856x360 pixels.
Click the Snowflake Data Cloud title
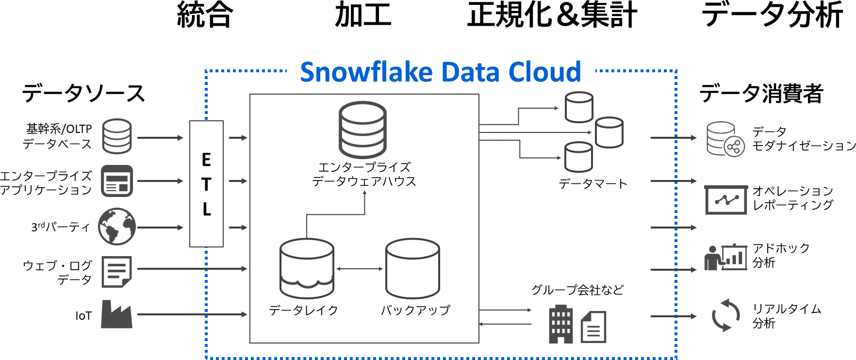coord(440,72)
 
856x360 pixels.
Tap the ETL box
coord(206,184)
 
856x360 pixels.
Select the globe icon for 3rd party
coord(117,227)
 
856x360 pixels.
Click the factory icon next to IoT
coord(116,314)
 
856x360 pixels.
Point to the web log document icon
coord(116,272)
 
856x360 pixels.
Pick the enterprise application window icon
coord(117,181)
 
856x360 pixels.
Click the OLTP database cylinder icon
coord(117,136)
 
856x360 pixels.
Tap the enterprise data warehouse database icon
coord(363,130)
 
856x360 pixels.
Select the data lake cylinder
coord(307,268)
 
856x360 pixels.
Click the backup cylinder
coord(412,268)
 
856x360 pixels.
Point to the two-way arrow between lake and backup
coord(360,269)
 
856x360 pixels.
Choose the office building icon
coord(560,325)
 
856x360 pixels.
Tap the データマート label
coord(593,184)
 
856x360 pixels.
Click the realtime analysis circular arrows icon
coord(725,315)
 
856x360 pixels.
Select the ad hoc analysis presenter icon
coord(725,257)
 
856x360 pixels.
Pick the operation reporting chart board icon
coord(725,199)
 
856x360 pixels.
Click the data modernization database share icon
coord(725,139)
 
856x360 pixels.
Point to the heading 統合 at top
coord(205,15)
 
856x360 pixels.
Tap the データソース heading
coord(83,93)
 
